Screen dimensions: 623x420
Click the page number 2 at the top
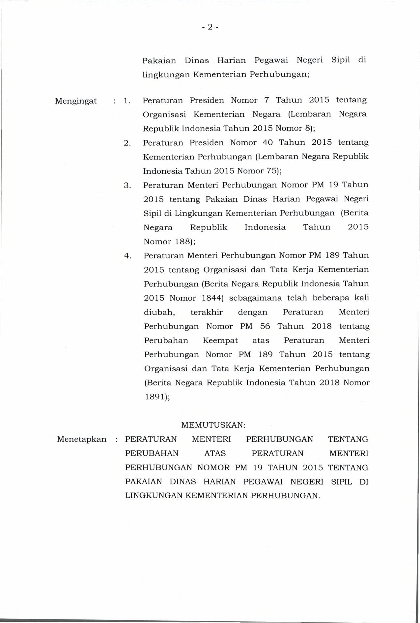[210, 27]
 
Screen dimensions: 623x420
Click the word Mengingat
[76, 101]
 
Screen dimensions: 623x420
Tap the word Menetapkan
[82, 439]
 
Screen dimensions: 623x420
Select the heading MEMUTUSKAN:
[213, 425]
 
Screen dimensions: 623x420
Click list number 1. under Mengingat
[127, 101]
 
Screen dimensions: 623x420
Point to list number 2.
[127, 143]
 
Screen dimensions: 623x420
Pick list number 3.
[127, 186]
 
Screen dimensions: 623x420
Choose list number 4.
[128, 256]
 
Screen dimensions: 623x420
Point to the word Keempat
[220, 341]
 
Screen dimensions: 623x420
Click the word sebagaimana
[255, 298]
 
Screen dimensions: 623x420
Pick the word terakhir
[207, 312]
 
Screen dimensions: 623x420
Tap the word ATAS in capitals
[215, 454]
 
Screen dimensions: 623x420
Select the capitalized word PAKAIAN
[144, 482]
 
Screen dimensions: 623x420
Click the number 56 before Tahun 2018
[265, 327]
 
